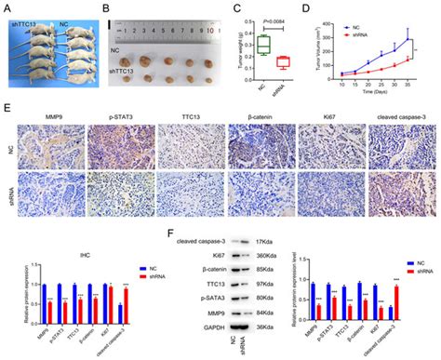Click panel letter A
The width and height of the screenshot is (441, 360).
(7, 7)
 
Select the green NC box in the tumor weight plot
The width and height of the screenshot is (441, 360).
(263, 44)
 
